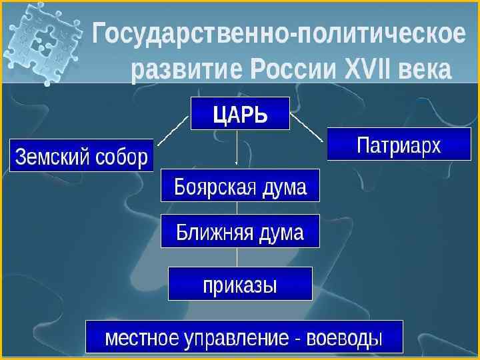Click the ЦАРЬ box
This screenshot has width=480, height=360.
pos(240,113)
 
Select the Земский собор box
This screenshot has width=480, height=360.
pos(81,156)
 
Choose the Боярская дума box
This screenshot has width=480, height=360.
pos(240,185)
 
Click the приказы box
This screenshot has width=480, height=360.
pos(240,284)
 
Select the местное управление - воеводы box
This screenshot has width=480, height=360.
pos(244,337)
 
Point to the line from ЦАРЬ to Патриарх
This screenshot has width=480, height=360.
pos(307,127)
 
